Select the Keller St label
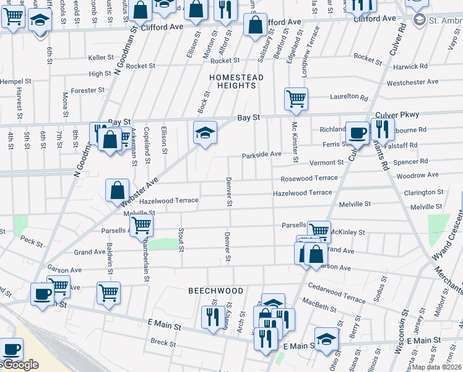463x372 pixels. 102,57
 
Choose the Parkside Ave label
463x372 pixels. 262,154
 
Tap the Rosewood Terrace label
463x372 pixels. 309,178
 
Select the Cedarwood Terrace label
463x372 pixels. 337,299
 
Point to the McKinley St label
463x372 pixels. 347,232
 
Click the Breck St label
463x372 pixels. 163,342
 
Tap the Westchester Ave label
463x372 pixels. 412,82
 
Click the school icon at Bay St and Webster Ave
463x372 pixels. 205,132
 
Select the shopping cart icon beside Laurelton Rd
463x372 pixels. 296,97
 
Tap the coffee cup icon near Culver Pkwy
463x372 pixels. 357,132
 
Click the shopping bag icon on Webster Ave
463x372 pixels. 117,190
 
